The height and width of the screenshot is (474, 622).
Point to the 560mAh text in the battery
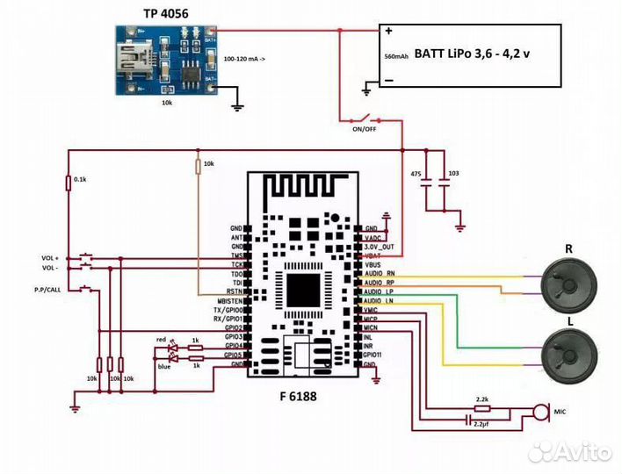(396, 55)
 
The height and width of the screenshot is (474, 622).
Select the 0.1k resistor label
(80, 179)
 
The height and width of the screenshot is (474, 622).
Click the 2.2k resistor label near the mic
(481, 399)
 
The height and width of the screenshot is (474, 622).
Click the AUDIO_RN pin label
(380, 274)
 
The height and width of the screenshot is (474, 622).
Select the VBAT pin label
(372, 255)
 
